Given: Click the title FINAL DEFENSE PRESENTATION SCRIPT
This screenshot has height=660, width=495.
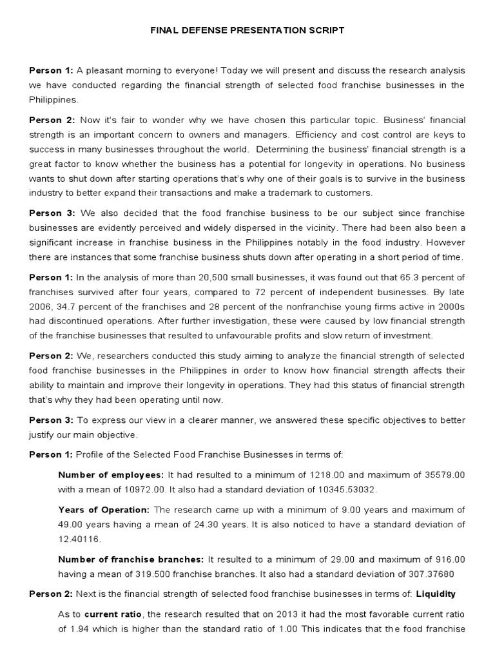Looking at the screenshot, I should click(x=247, y=30).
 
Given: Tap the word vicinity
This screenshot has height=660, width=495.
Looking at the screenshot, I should click(x=330, y=229).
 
